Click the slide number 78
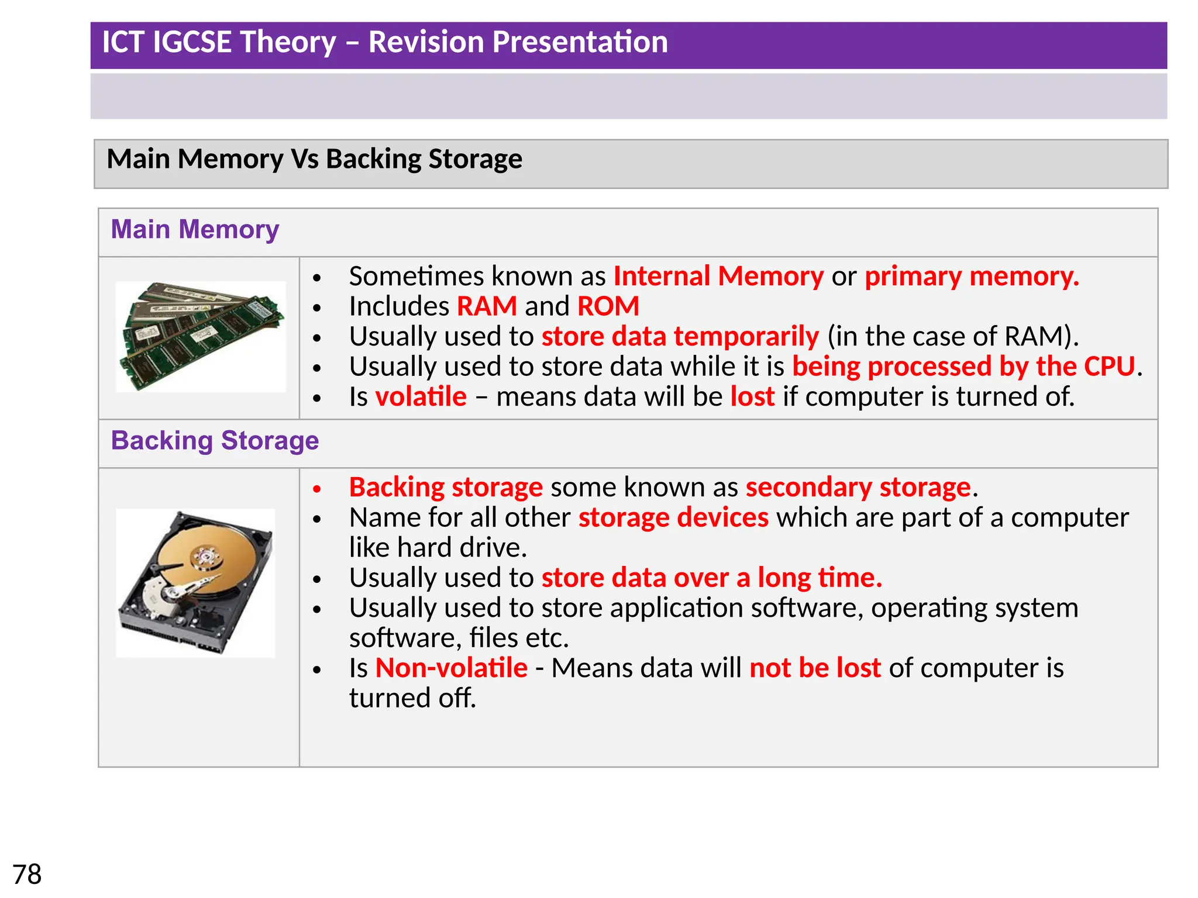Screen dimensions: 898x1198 coord(27,875)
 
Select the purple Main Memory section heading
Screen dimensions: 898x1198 coord(195,229)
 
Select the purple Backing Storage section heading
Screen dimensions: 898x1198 coord(215,440)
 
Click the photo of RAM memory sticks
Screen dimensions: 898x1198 coord(201,336)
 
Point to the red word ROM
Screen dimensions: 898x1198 coord(608,306)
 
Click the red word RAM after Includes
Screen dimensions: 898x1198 coord(487,306)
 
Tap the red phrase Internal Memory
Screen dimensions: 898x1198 coord(718,276)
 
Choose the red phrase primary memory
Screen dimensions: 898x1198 coord(972,276)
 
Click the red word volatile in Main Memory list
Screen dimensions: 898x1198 coord(421,396)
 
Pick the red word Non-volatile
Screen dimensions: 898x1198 coord(451,668)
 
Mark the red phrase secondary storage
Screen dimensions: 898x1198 coord(858,487)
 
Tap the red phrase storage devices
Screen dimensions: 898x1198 coord(673,517)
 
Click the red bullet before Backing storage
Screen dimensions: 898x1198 coord(317,489)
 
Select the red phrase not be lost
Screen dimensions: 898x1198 coord(815,668)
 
